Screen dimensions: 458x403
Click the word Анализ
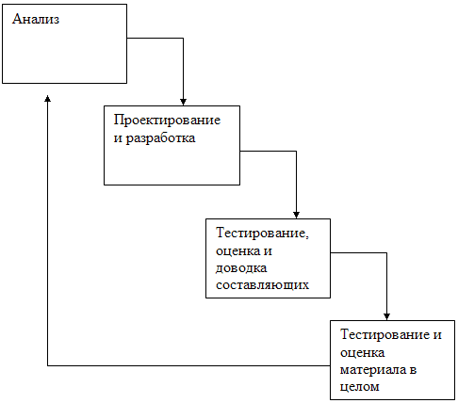point(36,19)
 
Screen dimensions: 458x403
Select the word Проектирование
point(167,121)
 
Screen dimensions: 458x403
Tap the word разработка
point(160,138)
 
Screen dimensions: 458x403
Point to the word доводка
point(241,268)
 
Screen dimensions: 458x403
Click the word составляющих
point(262,285)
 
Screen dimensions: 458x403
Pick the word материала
point(373,370)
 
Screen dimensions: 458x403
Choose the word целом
point(359,387)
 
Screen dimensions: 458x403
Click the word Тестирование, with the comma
point(262,234)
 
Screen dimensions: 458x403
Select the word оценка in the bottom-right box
point(362,353)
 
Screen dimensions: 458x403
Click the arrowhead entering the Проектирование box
point(183,102)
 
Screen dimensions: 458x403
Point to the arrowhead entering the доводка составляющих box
point(296,215)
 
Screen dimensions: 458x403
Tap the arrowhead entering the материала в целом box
point(386,316)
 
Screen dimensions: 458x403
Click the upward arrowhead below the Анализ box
point(47,99)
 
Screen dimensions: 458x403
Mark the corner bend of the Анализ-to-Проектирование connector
point(183,39)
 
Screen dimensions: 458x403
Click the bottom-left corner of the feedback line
point(47,365)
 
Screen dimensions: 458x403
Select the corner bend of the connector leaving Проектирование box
point(296,152)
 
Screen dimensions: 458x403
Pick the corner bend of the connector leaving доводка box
point(386,252)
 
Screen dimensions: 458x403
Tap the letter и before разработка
point(118,138)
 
